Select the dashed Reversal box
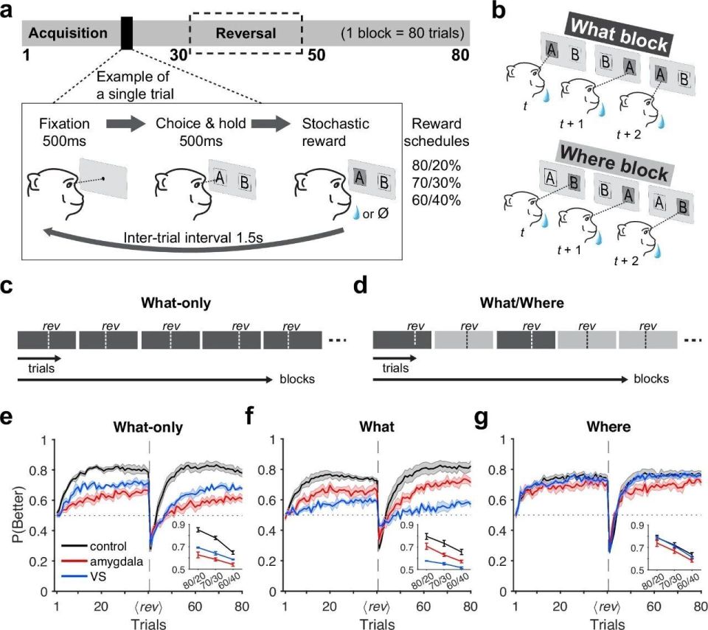point(246,34)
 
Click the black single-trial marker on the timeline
point(127,34)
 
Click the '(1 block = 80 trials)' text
point(401,34)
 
